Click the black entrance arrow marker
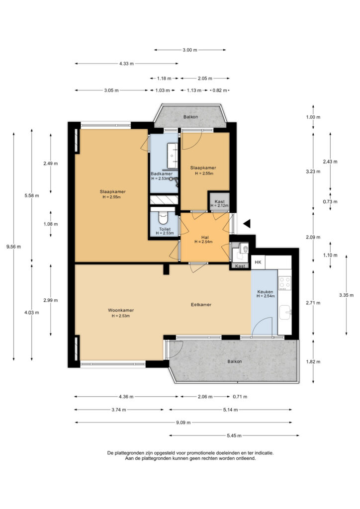click(248, 223)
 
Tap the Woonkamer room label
click(121, 310)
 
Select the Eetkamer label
click(201, 305)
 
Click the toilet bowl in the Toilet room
click(162, 218)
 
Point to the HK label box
click(258, 262)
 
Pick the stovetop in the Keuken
click(285, 283)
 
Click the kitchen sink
click(285, 313)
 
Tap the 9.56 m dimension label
click(13, 247)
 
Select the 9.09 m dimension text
click(183, 423)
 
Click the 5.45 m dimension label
click(234, 435)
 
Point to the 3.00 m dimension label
click(190, 50)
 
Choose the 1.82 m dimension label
click(313, 362)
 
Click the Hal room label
click(205, 237)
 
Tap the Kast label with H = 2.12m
click(219, 202)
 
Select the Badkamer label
click(161, 173)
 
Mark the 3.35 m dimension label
click(347, 295)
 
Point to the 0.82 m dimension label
click(220, 90)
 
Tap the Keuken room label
click(265, 291)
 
